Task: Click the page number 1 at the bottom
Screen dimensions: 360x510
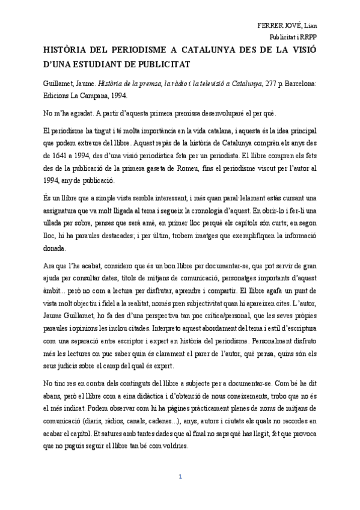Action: (x=180, y=477)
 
